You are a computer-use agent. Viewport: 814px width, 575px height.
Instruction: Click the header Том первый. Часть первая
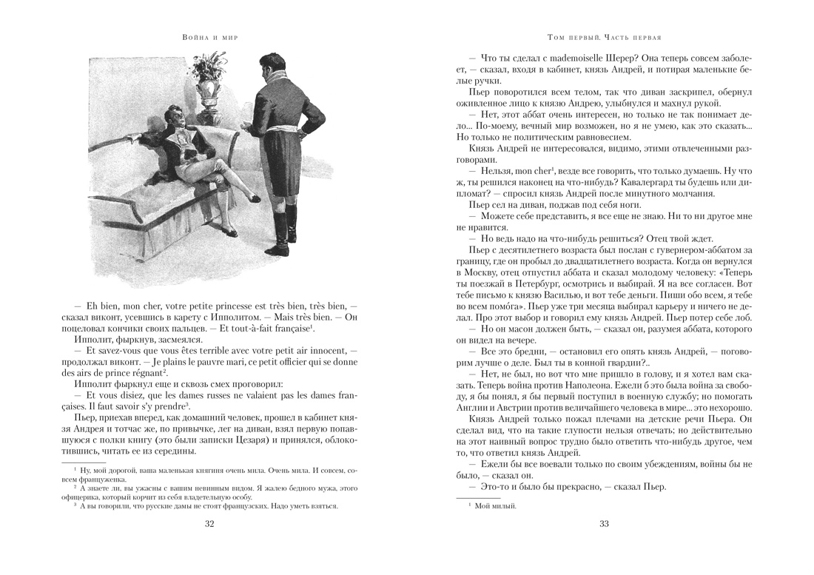point(604,37)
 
